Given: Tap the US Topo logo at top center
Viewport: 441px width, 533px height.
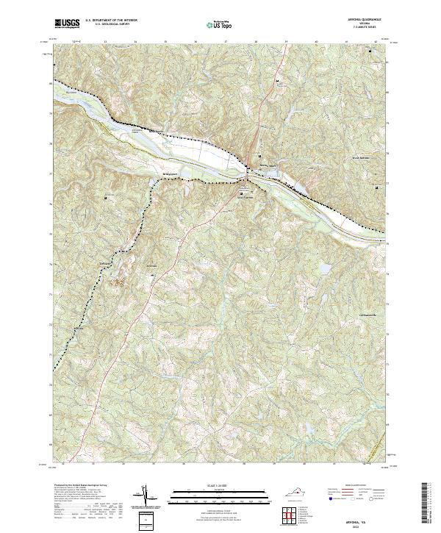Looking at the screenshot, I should click(x=212, y=25).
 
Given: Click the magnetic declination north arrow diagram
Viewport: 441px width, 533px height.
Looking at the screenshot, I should click(x=145, y=497).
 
